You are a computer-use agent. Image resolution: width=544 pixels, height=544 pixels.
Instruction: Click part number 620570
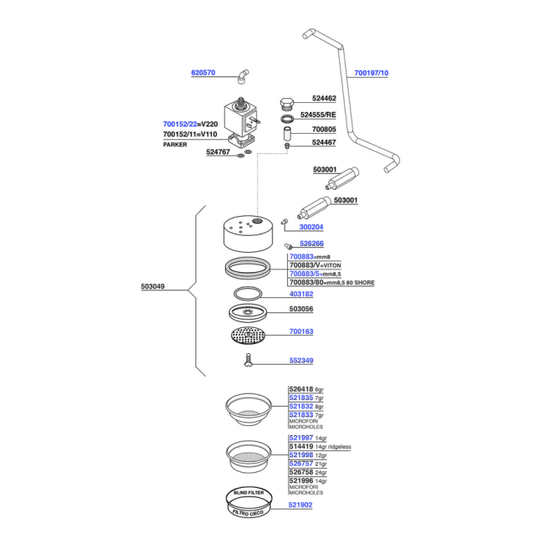coord(203,73)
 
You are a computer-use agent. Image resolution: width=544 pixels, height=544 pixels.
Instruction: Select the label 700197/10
coord(372,73)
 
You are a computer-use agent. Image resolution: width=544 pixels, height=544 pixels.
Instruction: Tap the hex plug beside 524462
coord(286,104)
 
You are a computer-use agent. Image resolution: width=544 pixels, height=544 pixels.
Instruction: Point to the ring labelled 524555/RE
coord(287,119)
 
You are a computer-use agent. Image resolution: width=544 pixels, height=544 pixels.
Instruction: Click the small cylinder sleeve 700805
coord(287,134)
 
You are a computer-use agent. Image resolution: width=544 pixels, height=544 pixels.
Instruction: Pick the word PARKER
coord(175,145)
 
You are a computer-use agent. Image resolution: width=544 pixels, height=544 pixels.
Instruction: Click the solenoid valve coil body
coord(240,118)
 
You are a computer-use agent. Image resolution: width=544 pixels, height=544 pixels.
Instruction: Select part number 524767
coord(218,152)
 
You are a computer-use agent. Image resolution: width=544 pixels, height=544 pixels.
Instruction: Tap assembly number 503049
coord(152,286)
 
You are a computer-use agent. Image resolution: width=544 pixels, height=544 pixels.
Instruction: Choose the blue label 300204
coord(311,227)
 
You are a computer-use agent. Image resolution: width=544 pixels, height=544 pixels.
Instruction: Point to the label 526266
coord(311,244)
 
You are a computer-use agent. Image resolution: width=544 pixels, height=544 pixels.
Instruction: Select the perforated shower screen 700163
coord(248,336)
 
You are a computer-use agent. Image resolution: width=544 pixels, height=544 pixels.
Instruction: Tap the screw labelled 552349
coord(248,360)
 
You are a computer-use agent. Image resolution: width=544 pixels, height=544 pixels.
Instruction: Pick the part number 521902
coord(300,505)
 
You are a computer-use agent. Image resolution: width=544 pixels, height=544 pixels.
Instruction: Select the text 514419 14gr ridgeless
coord(320,447)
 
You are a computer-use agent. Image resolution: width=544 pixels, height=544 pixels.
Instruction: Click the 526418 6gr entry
coord(306,389)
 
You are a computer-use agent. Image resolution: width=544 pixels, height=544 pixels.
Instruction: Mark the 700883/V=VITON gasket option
coord(315,265)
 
